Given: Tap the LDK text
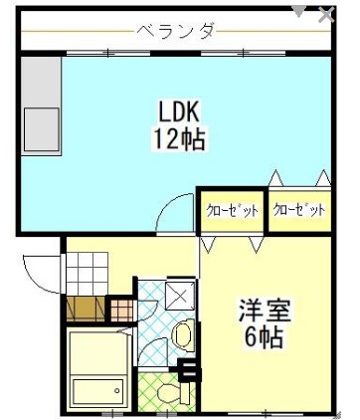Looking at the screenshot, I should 179,107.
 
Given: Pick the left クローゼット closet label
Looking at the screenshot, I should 232,211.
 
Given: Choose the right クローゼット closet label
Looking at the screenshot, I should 299,211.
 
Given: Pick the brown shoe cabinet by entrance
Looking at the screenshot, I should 84,310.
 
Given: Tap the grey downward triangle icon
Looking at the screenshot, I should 298,11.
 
